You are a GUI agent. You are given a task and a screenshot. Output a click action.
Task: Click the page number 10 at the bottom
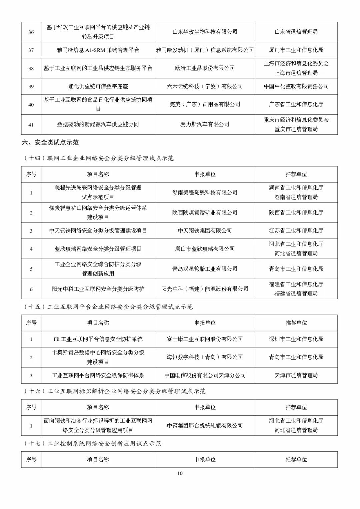pos(180,473)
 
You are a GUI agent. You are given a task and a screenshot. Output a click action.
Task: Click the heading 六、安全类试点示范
pos(50,142)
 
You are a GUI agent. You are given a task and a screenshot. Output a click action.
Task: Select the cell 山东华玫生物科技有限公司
pos(205,32)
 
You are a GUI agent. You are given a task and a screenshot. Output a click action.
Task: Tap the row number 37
pos(31,50)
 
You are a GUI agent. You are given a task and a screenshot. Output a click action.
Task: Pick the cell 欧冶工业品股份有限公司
pos(205,68)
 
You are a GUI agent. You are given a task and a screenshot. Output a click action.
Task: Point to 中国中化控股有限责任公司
pos(296,86)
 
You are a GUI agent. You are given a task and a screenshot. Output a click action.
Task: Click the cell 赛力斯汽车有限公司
pos(205,124)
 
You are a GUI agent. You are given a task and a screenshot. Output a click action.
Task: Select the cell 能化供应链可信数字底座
pos(98,86)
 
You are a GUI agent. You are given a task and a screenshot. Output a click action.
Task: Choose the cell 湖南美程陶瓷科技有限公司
pos(205,192)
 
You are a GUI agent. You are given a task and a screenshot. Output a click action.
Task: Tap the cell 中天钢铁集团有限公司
pos(205,230)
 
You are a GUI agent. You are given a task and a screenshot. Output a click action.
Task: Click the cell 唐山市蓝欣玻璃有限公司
pos(205,249)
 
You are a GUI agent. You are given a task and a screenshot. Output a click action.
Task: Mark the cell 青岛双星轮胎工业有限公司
pos(205,269)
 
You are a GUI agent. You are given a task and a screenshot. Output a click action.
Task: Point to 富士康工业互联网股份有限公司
pos(205,339)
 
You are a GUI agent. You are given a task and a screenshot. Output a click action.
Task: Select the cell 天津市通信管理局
pos(296,376)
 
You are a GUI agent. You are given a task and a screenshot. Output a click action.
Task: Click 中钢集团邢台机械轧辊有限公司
pos(205,426)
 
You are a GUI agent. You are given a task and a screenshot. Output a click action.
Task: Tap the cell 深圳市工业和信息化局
pos(296,339)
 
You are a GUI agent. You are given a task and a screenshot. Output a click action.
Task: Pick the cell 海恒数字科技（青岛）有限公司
pos(205,357)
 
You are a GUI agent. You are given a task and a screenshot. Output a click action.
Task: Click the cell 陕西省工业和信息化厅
pos(296,212)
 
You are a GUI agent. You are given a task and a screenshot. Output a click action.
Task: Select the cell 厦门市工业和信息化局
pos(296,50)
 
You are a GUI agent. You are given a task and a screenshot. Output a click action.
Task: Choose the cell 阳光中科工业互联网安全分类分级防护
pos(98,289)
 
